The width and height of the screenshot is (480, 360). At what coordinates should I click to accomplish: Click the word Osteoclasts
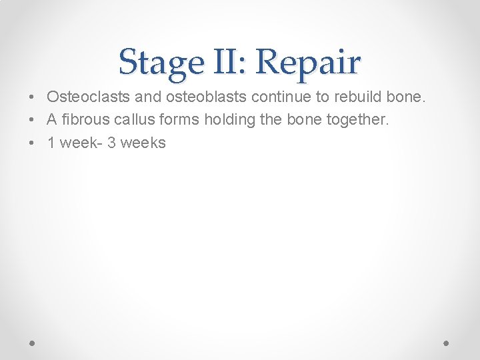pos(89,97)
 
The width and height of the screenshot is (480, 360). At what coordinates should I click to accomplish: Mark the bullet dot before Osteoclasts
pos(33,97)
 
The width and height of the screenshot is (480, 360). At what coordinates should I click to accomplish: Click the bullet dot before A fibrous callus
pos(33,120)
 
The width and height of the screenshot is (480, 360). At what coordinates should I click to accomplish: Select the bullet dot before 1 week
pos(33,143)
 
